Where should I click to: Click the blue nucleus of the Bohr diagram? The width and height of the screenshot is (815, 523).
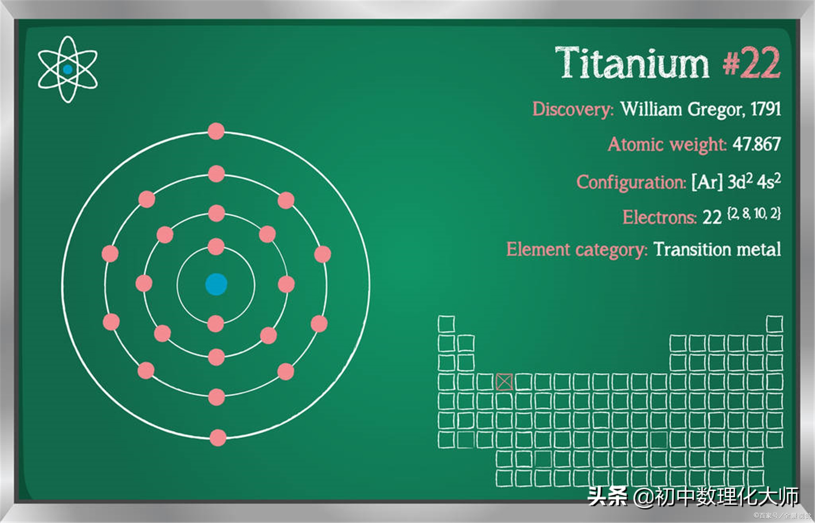coord(216,284)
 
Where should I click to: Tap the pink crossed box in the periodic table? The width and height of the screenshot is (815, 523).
coord(504,382)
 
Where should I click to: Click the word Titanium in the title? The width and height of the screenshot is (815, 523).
coord(632,63)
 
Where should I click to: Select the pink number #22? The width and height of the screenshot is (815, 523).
coord(751,63)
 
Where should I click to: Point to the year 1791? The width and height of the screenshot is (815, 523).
coord(766,109)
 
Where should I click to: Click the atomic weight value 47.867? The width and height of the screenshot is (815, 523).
coord(757,144)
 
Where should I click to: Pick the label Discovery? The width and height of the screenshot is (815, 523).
coord(573,109)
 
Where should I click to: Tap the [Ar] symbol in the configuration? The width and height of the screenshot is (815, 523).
coord(707,182)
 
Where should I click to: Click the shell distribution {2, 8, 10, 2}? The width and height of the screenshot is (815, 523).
coord(754,214)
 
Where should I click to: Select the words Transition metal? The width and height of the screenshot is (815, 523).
coord(718,250)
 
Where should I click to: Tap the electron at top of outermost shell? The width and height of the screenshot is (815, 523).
coord(216,131)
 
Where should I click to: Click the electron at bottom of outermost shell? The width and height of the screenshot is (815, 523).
coord(218,438)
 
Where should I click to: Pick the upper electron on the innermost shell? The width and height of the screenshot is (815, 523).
coord(216,247)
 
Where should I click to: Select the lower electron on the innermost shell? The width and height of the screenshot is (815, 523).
coord(216,323)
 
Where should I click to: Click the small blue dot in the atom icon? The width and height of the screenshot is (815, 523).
coord(68,70)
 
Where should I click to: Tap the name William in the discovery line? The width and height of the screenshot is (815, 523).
coord(651,109)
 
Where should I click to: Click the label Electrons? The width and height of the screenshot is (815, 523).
coord(660,218)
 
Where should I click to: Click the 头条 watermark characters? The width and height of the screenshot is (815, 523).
coord(607,496)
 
